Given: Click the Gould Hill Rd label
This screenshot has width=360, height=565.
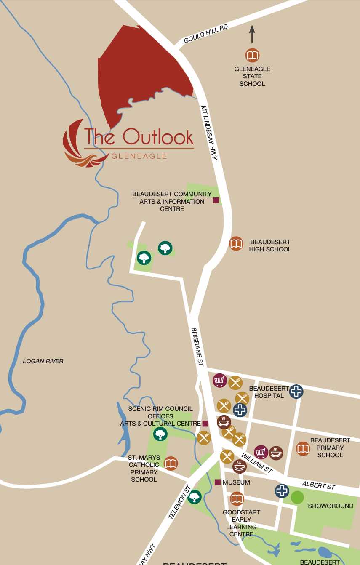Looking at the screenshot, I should (x=206, y=34).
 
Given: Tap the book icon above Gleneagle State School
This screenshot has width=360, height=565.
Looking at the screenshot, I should (x=252, y=55).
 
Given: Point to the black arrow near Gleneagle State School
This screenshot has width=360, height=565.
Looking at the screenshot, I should (x=252, y=35).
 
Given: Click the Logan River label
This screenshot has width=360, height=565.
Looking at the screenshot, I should (x=43, y=361).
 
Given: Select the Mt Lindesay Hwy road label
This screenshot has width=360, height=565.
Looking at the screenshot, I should (x=209, y=132).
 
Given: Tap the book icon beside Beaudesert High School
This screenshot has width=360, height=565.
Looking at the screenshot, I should (x=236, y=244).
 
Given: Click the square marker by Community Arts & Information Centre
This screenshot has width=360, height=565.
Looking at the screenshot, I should (x=216, y=200).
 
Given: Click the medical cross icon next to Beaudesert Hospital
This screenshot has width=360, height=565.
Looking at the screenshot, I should (x=297, y=391).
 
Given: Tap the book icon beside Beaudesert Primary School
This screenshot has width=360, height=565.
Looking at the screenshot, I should (x=303, y=449).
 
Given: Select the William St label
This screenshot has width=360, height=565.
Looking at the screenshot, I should (x=257, y=462).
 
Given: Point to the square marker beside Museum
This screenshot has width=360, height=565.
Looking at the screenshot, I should (x=217, y=482).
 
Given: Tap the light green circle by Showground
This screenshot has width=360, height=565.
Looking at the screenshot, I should (x=298, y=497).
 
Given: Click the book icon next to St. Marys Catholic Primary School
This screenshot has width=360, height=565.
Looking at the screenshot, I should (x=171, y=464).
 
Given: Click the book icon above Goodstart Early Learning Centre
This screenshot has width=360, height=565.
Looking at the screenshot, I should (x=237, y=499).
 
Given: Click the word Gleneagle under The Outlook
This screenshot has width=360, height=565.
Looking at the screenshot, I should (x=139, y=156).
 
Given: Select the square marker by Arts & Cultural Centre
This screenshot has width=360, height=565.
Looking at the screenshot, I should (x=205, y=423).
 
